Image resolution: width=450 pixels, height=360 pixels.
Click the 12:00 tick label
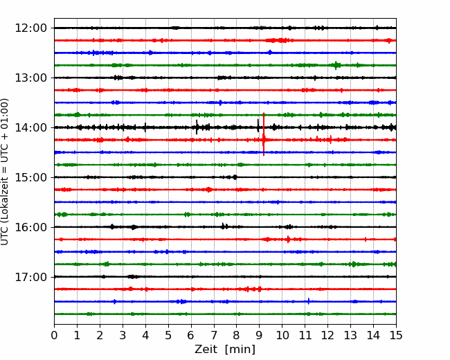(x=30, y=28)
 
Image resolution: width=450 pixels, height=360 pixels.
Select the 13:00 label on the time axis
(x=30, y=78)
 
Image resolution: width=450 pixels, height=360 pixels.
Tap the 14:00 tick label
(x=30, y=127)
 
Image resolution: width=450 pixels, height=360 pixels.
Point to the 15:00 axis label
(x=30, y=177)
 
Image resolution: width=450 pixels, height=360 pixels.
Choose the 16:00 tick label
(x=30, y=227)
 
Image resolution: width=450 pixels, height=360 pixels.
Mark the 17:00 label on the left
(x=30, y=277)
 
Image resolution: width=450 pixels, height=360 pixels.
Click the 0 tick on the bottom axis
(x=54, y=335)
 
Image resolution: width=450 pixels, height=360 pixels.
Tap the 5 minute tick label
(x=168, y=335)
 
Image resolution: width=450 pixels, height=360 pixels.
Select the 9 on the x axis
(x=259, y=335)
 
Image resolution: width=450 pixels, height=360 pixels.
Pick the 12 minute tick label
(x=327, y=335)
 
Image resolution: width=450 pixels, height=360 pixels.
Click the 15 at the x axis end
(x=396, y=335)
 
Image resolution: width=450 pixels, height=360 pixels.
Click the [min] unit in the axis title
(x=240, y=350)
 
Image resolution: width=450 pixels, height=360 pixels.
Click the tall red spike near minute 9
(x=264, y=134)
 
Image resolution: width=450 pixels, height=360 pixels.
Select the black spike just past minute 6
(x=197, y=127)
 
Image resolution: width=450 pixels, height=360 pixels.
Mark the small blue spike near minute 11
(x=309, y=301)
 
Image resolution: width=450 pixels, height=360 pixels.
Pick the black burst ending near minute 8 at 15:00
(x=235, y=177)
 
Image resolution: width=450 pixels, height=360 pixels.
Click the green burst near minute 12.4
(x=336, y=65)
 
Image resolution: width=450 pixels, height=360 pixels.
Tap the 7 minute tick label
(x=214, y=335)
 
